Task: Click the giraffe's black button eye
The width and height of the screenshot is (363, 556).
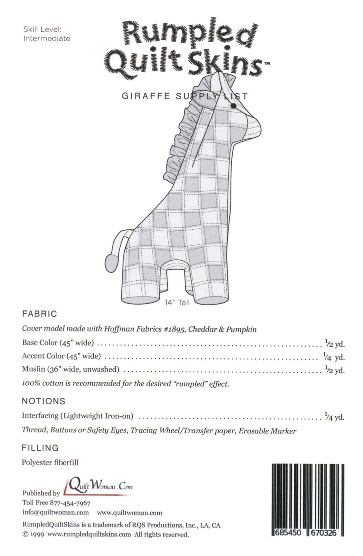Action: (x=233, y=105)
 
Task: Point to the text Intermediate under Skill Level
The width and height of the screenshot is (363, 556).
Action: (x=46, y=39)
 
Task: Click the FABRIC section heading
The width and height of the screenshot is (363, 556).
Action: (x=39, y=314)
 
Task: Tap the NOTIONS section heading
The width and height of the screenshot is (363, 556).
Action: (x=44, y=401)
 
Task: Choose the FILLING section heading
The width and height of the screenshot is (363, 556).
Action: (x=40, y=448)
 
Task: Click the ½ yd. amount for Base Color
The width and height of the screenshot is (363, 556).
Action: (x=335, y=343)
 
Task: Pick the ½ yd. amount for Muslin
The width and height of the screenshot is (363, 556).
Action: (x=335, y=370)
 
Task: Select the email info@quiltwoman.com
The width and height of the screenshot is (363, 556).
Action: (x=56, y=513)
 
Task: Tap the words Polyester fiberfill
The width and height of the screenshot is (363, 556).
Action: (x=50, y=462)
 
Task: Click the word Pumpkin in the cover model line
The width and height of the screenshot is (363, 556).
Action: (x=241, y=329)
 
